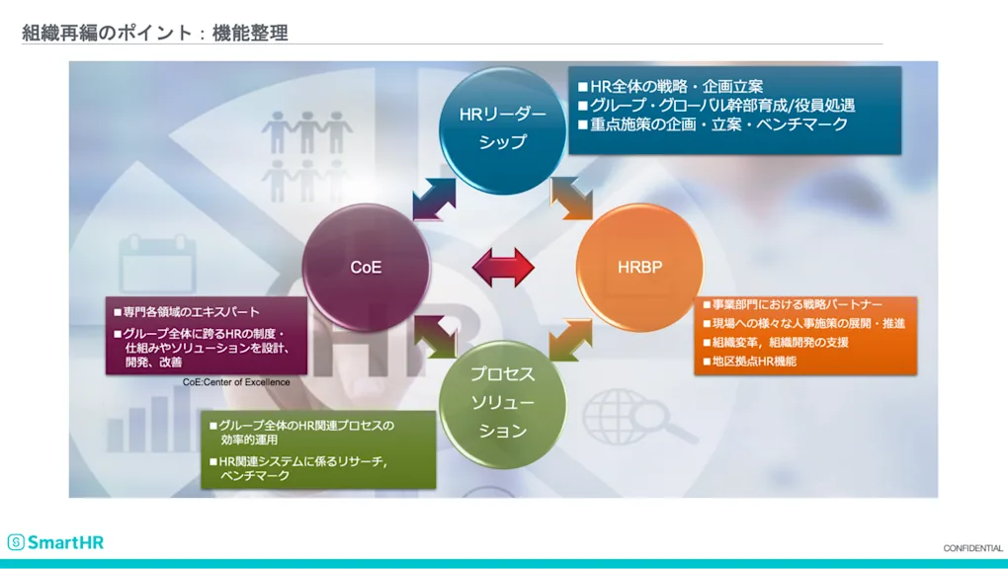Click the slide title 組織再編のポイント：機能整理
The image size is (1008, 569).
click(155, 33)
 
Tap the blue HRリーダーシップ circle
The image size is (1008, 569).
click(503, 127)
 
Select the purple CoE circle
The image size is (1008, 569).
click(366, 267)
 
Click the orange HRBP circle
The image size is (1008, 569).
click(639, 267)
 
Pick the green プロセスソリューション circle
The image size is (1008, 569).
click(503, 403)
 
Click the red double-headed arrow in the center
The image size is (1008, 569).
click(503, 268)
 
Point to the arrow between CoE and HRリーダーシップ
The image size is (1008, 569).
click(434, 198)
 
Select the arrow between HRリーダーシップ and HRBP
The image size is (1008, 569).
click(572, 198)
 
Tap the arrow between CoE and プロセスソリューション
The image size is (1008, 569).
click(435, 337)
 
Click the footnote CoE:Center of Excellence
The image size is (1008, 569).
click(236, 381)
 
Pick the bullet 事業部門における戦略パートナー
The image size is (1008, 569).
click(797, 304)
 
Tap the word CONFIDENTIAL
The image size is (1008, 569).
click(972, 548)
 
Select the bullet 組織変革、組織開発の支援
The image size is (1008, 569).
click(780, 342)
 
